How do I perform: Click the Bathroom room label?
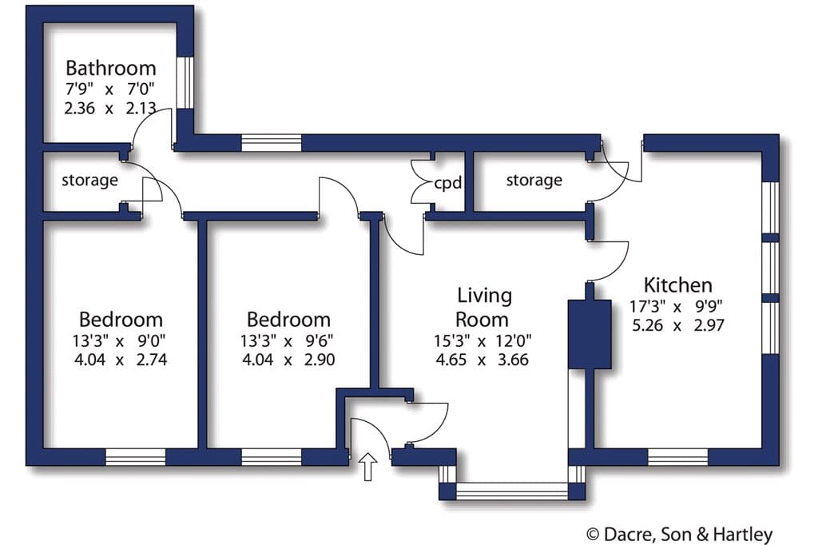pyautogui.click(x=110, y=69)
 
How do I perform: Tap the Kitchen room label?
pyautogui.click(x=677, y=285)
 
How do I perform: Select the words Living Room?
pyautogui.click(x=483, y=308)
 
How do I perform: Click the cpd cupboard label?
pyautogui.click(x=447, y=183)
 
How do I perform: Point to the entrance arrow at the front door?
pyautogui.click(x=369, y=466)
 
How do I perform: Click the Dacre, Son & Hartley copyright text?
pyautogui.click(x=680, y=534)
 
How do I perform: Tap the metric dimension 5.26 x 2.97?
pyautogui.click(x=677, y=325)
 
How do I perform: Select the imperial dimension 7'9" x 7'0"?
pyautogui.click(x=110, y=90)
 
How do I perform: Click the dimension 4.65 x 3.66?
pyautogui.click(x=482, y=360)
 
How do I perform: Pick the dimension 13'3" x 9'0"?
pyautogui.click(x=119, y=341)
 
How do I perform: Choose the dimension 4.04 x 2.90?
pyautogui.click(x=288, y=360)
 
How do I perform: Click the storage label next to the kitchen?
pyautogui.click(x=534, y=180)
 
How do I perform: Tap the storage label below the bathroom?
pyautogui.click(x=89, y=180)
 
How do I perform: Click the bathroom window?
pyautogui.click(x=185, y=82)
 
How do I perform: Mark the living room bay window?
pyautogui.click(x=512, y=491)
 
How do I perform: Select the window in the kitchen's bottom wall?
pyautogui.click(x=677, y=457)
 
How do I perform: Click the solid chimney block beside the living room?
pyautogui.click(x=590, y=335)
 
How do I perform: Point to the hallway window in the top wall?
pyautogui.click(x=272, y=143)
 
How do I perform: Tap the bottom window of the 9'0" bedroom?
pyautogui.click(x=136, y=457)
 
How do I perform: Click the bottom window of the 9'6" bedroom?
pyautogui.click(x=272, y=457)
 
